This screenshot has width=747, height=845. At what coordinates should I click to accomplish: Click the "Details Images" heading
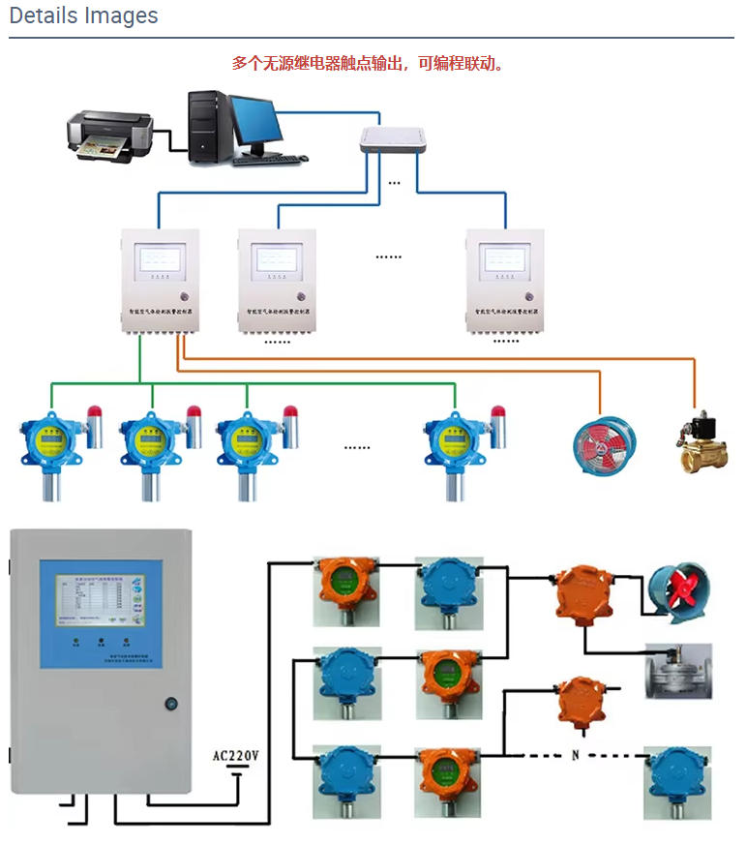click(x=83, y=16)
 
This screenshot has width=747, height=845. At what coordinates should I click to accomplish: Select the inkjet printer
click(x=109, y=134)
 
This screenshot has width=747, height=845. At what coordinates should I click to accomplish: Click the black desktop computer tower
click(x=207, y=126)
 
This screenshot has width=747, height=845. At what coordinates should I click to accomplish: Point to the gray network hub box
click(x=392, y=141)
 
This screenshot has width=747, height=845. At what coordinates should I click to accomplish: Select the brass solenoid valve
click(x=702, y=442)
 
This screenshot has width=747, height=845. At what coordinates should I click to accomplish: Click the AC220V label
click(x=237, y=754)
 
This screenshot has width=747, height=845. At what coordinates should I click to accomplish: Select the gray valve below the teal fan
click(x=677, y=670)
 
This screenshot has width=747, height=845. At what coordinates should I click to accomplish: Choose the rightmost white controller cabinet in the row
click(x=504, y=281)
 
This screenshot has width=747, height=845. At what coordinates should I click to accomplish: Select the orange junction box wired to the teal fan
click(x=584, y=590)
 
